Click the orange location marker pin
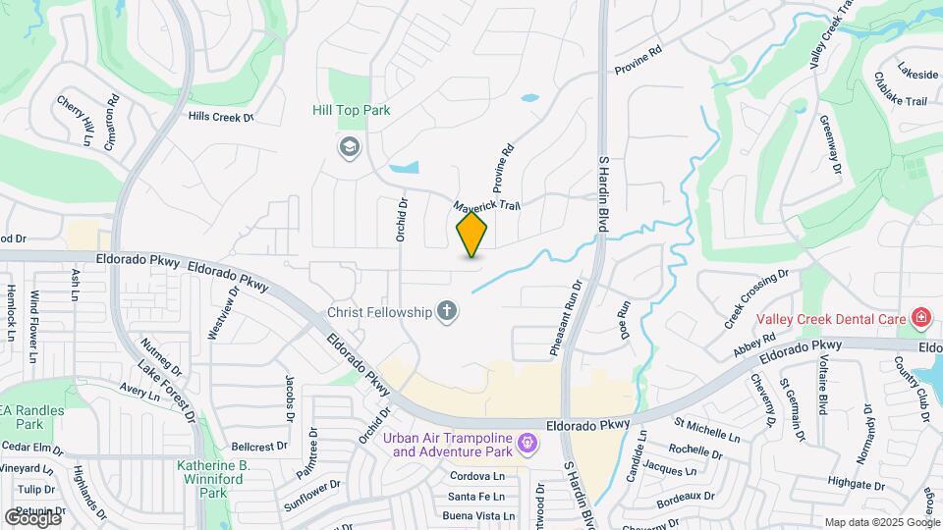(x=472, y=235)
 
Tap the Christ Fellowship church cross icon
(x=447, y=312)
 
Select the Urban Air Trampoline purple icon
(x=527, y=445)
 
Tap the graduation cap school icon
(x=348, y=148)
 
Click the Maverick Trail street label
(x=485, y=206)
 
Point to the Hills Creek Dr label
(x=220, y=117)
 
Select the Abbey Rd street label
(x=753, y=345)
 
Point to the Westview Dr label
(x=220, y=313)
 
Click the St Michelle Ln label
(x=706, y=429)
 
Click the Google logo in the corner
(x=32, y=517)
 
